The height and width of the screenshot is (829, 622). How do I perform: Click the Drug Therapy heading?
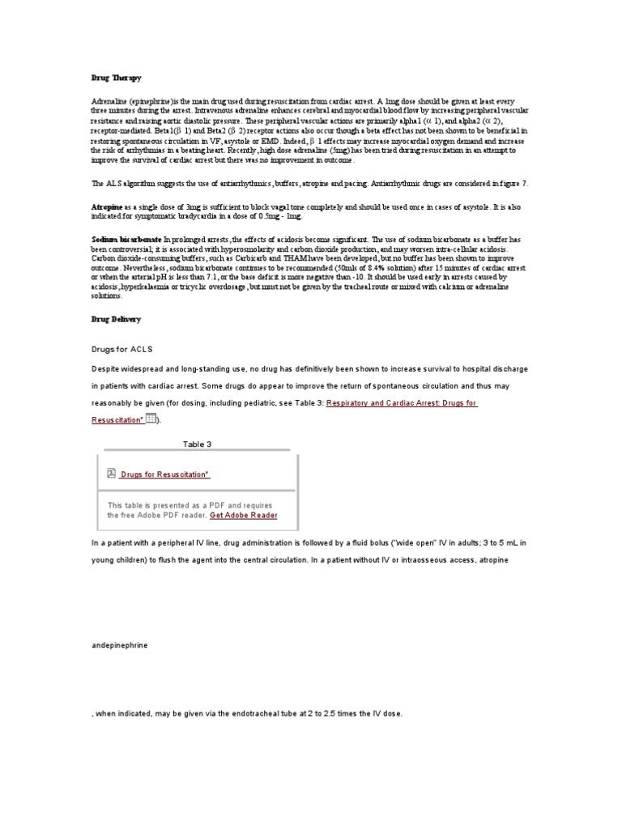(115, 78)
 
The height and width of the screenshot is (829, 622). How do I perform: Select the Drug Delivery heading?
(115, 319)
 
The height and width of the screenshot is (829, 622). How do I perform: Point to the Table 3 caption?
(198, 444)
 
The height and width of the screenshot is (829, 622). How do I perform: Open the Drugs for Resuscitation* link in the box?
(165, 474)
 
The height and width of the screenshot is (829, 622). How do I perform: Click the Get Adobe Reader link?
(243, 515)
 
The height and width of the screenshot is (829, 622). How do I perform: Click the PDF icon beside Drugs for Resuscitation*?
(111, 474)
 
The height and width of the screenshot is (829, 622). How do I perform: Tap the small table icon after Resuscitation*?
(151, 419)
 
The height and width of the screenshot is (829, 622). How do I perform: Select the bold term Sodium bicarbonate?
(126, 240)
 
